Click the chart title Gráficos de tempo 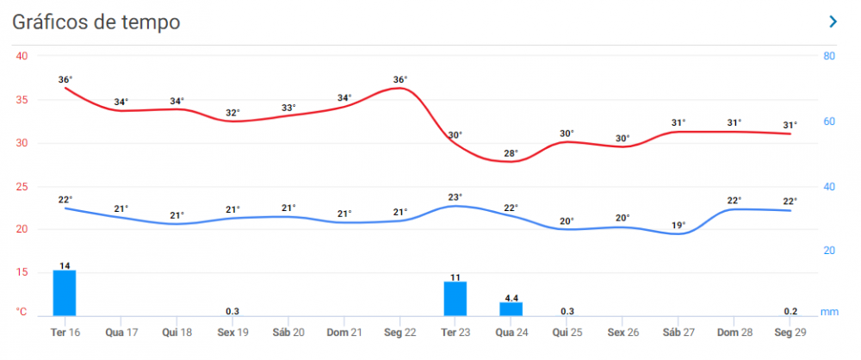(x=96, y=22)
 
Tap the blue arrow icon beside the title (x=833, y=22)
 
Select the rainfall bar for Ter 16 (x=65, y=293)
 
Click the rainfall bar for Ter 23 (x=455, y=298)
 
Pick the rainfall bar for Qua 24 (x=511, y=308)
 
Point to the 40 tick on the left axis (x=22, y=56)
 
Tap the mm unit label (x=830, y=312)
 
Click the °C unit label (x=22, y=312)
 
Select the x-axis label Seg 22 (x=400, y=332)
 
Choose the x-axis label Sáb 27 (x=678, y=332)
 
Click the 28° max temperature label (x=511, y=153)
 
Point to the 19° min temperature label (x=678, y=226)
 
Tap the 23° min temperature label (x=455, y=197)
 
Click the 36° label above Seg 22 (x=400, y=80)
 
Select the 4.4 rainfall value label (x=511, y=298)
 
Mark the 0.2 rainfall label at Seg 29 (x=790, y=311)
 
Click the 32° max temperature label (x=232, y=113)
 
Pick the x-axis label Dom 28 (x=734, y=332)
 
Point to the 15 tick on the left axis (x=22, y=272)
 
